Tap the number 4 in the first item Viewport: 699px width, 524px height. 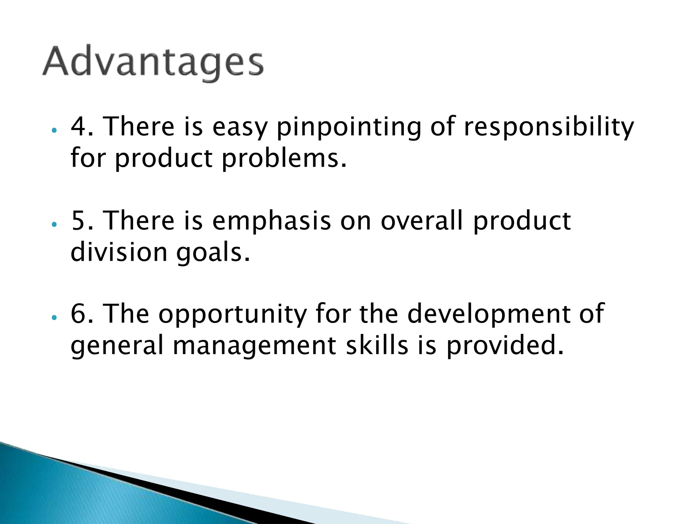pyautogui.click(x=78, y=126)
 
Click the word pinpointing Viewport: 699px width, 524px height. pyautogui.click(x=348, y=127)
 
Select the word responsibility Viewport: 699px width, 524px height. pyautogui.click(x=548, y=127)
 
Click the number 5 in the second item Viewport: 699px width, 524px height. pyautogui.click(x=78, y=221)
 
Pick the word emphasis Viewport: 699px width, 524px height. pyautogui.click(x=271, y=221)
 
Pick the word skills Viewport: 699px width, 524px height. pyautogui.click(x=377, y=345)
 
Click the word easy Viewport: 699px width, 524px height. pyautogui.click(x=240, y=127)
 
